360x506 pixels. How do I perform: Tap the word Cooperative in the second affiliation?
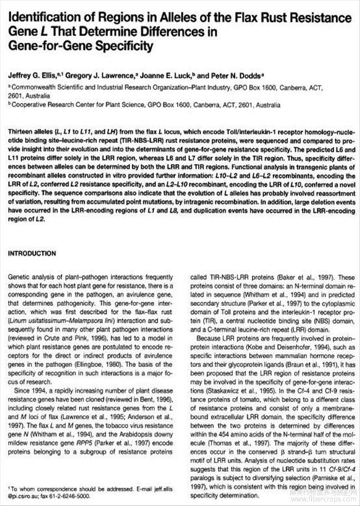point(33,105)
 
